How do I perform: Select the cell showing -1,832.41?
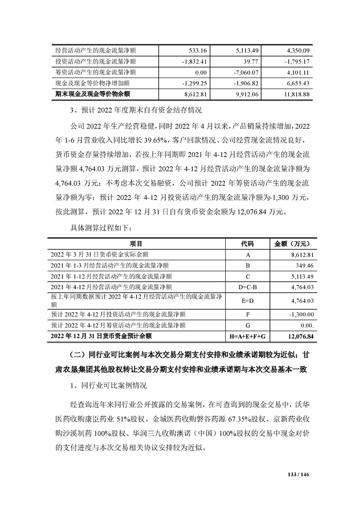(x=195, y=61)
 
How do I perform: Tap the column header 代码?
(x=247, y=243)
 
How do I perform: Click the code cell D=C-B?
(x=247, y=287)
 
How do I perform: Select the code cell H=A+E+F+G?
(x=247, y=336)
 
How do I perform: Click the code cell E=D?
(x=247, y=301)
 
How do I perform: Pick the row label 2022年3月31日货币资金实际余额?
(x=99, y=254)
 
